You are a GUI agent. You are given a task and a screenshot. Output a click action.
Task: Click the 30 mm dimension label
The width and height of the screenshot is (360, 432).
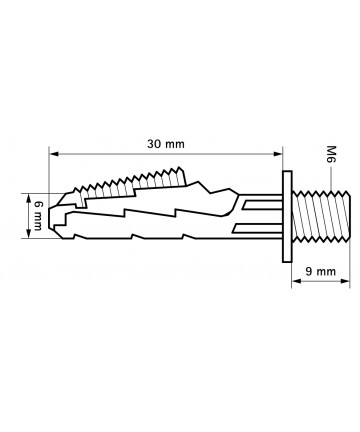[x=166, y=144]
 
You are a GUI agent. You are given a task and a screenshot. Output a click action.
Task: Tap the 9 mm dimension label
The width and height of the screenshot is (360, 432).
[x=321, y=272]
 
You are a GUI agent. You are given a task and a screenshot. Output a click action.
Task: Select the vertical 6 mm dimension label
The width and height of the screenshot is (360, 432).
[x=37, y=216]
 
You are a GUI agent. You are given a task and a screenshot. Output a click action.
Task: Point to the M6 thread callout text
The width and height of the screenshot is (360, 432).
[x=331, y=154]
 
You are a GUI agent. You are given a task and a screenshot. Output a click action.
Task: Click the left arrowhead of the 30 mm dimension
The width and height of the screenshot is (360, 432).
[x=53, y=154]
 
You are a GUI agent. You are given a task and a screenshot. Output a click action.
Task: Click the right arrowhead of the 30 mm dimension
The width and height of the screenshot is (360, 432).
[x=278, y=154]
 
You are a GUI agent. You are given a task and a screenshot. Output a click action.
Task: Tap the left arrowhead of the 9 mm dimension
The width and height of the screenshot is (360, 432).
[x=296, y=281]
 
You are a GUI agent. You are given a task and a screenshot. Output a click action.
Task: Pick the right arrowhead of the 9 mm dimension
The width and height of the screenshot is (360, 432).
[x=345, y=281]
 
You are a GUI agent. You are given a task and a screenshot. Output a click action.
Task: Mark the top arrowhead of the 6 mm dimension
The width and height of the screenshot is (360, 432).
[x=29, y=198]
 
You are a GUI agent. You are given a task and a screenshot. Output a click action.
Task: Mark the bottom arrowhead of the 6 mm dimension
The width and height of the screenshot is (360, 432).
[x=29, y=234]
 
